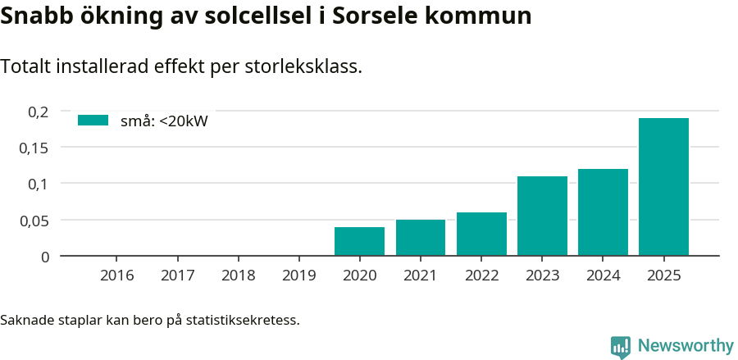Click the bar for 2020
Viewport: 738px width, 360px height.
click(x=359, y=241)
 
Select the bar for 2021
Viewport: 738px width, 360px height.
click(x=420, y=238)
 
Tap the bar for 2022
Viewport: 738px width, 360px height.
click(x=481, y=234)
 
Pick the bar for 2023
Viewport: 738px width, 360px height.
click(x=542, y=216)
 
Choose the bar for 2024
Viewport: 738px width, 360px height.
click(x=603, y=212)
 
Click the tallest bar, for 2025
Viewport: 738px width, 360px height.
click(x=663, y=187)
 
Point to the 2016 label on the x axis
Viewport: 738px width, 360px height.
click(x=117, y=275)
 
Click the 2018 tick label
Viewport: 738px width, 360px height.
click(x=239, y=275)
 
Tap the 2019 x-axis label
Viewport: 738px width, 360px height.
click(x=299, y=275)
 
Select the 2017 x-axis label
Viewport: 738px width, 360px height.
click(x=178, y=275)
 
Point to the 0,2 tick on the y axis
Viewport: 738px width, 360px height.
click(x=39, y=112)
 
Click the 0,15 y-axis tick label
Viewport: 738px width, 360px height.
click(x=34, y=148)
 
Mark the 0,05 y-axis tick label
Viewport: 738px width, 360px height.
click(x=34, y=220)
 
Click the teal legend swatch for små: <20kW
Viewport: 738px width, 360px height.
click(x=93, y=121)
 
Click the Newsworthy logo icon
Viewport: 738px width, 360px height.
click(x=621, y=346)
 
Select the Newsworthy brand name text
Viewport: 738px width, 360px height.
click(x=685, y=346)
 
